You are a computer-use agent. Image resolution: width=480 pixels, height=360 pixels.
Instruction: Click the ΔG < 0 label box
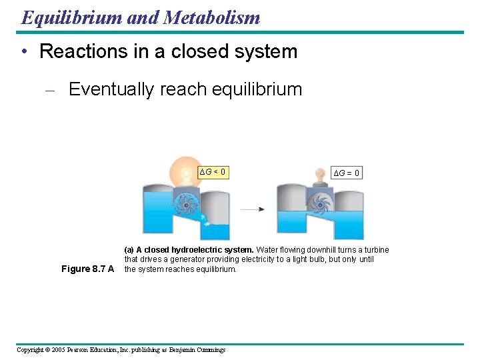[213, 173]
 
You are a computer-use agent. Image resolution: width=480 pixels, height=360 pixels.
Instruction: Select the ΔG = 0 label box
[347, 173]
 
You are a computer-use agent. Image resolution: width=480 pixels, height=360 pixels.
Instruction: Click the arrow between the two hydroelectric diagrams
[253, 209]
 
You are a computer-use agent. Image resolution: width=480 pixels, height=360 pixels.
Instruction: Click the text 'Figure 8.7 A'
[87, 269]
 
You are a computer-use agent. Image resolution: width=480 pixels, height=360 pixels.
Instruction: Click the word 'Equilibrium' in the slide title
[71, 17]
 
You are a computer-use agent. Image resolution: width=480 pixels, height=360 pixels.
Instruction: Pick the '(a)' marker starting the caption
[129, 250]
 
